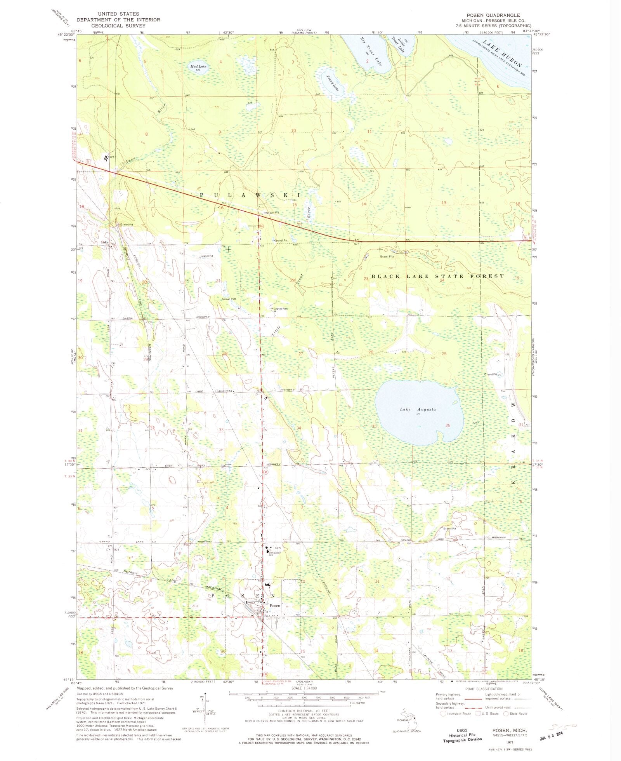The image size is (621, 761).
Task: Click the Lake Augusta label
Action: click(418, 409)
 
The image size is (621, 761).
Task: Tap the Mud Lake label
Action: click(198, 66)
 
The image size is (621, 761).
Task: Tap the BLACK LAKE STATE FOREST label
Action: click(438, 276)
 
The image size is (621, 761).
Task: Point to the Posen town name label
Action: click(275, 606)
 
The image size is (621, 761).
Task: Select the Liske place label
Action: click(104, 242)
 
